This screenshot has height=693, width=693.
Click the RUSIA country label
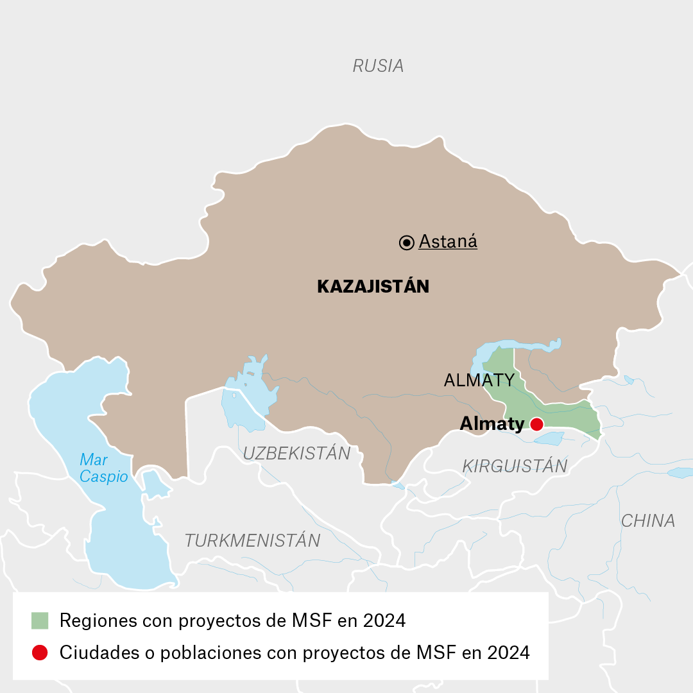[x=378, y=65]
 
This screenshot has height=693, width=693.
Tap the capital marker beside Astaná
[x=406, y=243]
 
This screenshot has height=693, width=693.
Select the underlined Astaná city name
[x=448, y=242]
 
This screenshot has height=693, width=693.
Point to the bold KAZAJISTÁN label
[x=373, y=286]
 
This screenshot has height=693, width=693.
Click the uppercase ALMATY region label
[x=479, y=380]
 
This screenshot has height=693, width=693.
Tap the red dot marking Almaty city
[x=536, y=424]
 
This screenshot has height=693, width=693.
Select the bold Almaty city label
[x=492, y=424]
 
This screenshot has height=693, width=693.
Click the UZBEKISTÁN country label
[x=296, y=453]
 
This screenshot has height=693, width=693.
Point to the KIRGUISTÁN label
[x=515, y=466]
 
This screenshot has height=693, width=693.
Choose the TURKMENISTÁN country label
[x=252, y=540]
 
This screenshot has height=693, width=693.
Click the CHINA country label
[x=647, y=520]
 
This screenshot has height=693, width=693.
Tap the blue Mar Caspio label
[x=103, y=468]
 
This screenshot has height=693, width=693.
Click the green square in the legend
[x=40, y=620]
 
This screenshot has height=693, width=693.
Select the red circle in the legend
[x=40, y=653]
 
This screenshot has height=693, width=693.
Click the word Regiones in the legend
[x=98, y=620]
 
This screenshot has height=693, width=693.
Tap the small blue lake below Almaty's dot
[x=549, y=438]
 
